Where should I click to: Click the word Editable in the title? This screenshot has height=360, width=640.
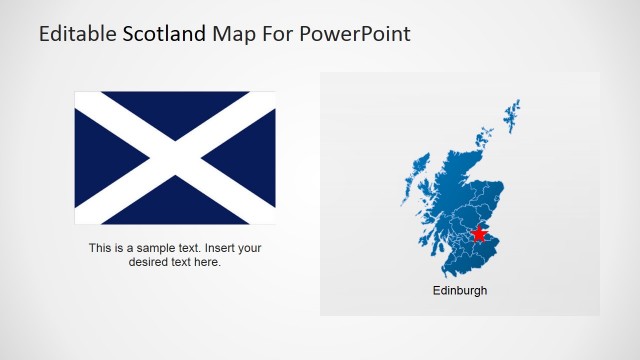click(78, 34)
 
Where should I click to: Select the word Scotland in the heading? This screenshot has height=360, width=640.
click(165, 34)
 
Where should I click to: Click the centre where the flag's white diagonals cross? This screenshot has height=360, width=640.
click(175, 158)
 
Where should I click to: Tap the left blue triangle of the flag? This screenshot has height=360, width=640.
click(100, 158)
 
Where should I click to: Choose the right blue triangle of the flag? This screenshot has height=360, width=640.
click(252, 158)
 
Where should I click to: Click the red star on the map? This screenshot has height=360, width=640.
click(479, 234)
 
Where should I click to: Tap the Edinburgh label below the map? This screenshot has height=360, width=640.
click(460, 291)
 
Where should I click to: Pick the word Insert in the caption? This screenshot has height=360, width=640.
click(222, 248)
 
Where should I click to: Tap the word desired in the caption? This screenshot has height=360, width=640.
click(148, 262)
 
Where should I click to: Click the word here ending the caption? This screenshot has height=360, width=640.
click(207, 262)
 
